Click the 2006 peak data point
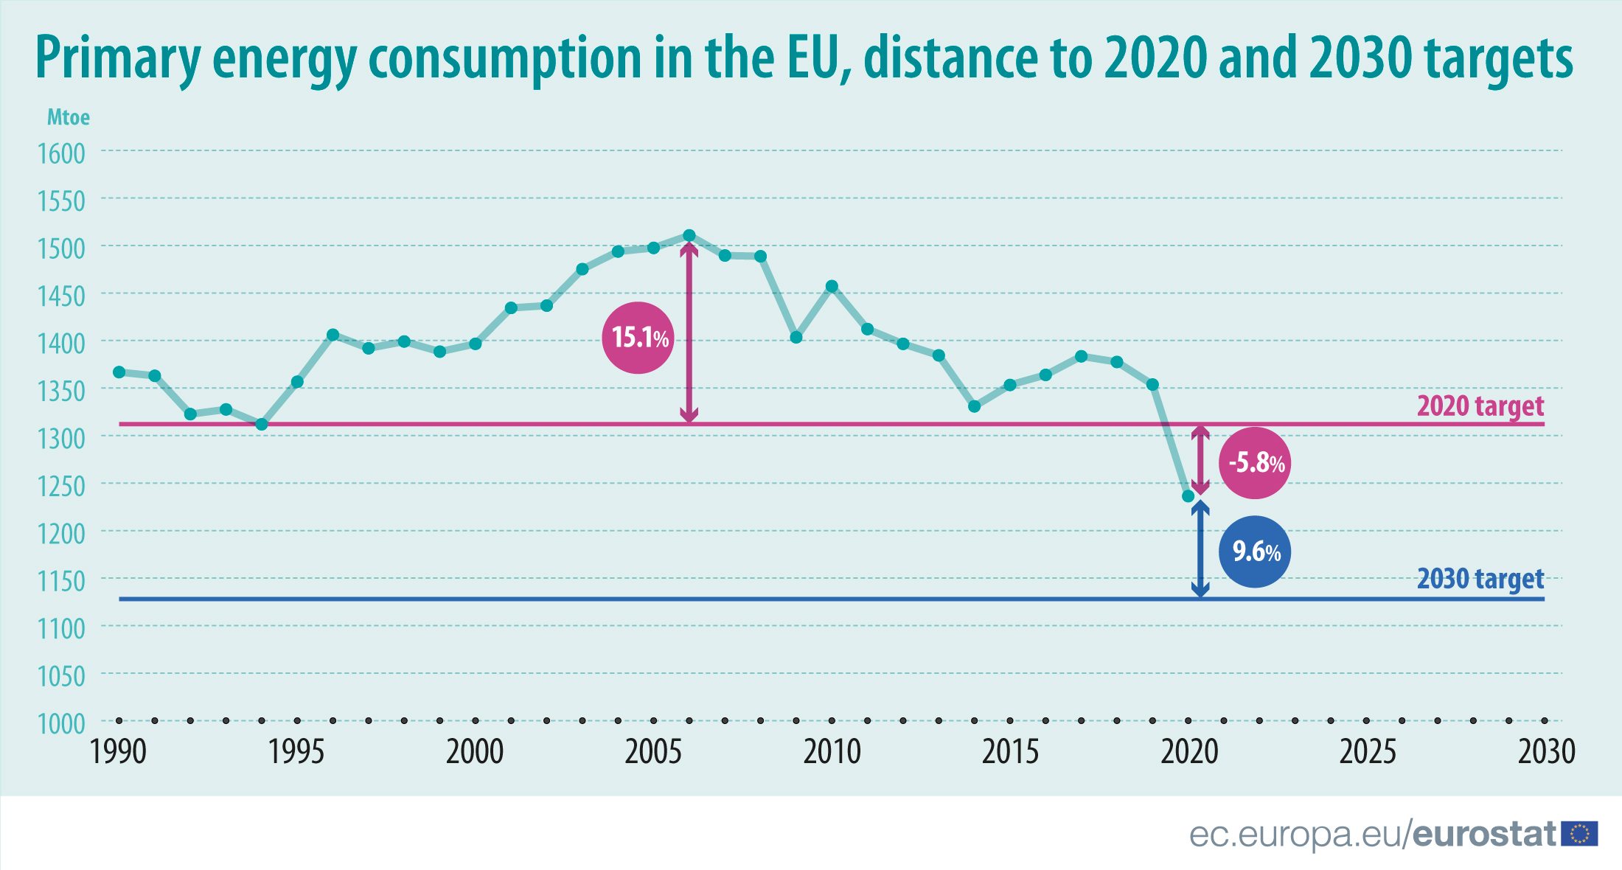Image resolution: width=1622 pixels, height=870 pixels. click(689, 236)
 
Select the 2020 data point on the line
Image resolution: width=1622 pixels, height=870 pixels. click(1188, 496)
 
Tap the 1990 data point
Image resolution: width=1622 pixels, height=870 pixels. click(119, 372)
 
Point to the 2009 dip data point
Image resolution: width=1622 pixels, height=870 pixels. click(796, 338)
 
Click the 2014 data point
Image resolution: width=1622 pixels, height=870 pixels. click(975, 406)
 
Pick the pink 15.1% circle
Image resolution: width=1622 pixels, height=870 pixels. click(638, 338)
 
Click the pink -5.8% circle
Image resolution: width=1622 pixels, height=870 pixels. click(1255, 463)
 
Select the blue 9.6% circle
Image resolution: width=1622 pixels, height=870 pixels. click(1255, 551)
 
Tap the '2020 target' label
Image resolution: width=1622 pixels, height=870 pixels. click(1480, 406)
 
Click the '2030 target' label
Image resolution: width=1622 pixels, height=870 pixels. click(1480, 580)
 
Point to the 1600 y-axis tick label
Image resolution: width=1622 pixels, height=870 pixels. click(62, 154)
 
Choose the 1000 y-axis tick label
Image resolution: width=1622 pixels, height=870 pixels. click(62, 724)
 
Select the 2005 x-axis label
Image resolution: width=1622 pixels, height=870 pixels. click(653, 752)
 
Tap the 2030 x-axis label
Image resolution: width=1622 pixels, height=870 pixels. click(1546, 752)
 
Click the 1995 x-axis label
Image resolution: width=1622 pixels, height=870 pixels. click(296, 752)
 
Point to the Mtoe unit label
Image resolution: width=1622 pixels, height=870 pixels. click(69, 117)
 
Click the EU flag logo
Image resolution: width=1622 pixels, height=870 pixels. click(1580, 834)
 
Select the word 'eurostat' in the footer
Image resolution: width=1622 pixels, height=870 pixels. click(1483, 835)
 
